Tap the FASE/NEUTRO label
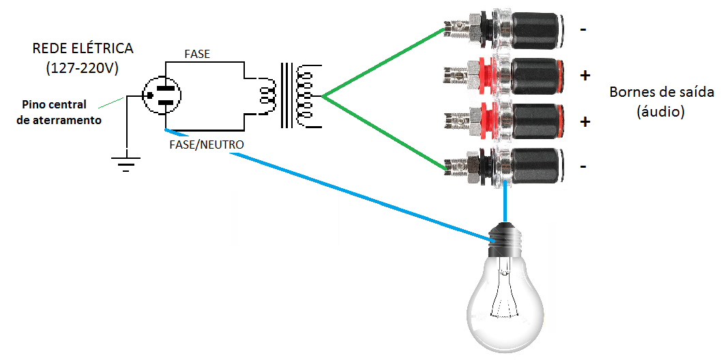point(205,145)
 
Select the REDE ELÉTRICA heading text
point(83,49)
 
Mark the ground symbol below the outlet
point(126,163)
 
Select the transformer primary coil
point(266,95)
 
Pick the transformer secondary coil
point(308,96)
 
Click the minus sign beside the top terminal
point(584,31)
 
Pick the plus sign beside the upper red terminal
point(585,76)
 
